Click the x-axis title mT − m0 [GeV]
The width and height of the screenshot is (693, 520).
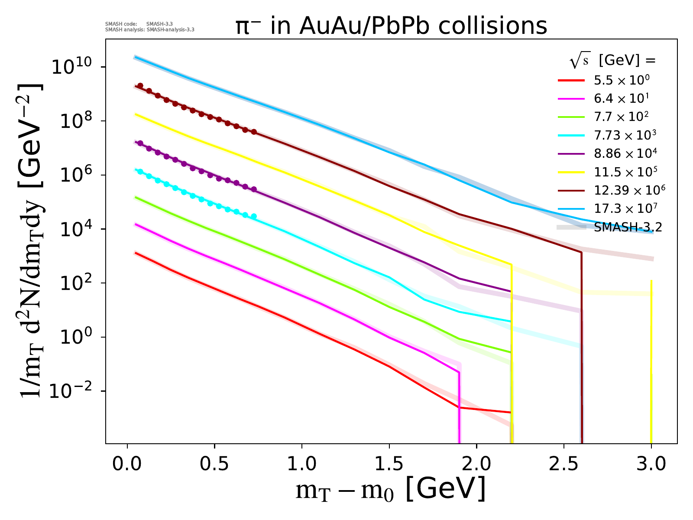click(390, 490)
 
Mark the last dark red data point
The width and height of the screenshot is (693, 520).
click(254, 132)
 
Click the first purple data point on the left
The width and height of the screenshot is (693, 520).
click(140, 143)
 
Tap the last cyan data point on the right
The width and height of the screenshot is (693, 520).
click(254, 216)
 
